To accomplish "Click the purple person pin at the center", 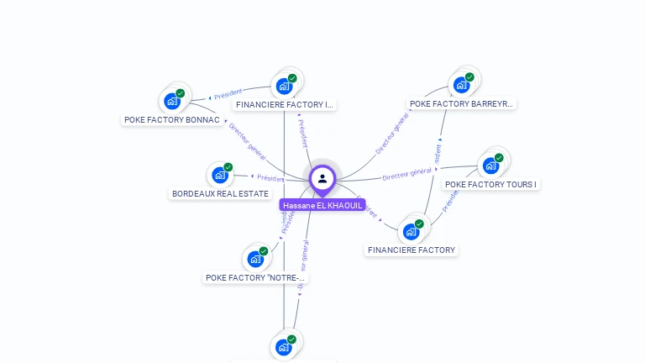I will pos(322,179).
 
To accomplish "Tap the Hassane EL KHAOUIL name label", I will pos(322,205).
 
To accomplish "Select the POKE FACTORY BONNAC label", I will pos(172,120).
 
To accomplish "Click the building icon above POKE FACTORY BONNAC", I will pos(173,101).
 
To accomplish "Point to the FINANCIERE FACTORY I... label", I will pos(285,105).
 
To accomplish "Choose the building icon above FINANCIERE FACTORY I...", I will pos(285,86).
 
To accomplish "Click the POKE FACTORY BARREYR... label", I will pos(461,104).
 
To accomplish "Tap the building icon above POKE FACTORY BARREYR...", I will pos(461,84).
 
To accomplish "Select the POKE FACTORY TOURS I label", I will pos(490,184).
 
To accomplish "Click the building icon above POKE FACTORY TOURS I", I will pos(490,165).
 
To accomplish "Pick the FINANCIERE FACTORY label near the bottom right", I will pos(412,250).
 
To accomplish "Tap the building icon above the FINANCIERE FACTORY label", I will pos(412,230).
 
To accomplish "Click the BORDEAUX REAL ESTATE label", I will pos(220,193).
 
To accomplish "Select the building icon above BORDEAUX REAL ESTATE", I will pos(220,175).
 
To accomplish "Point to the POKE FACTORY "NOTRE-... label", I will pos(256,277).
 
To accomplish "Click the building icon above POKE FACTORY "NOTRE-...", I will pos(255,259).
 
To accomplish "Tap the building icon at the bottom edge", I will pos(284,346).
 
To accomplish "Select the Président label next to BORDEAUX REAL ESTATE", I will pos(270,178).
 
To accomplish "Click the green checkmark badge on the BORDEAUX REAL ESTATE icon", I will pos(228,167).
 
